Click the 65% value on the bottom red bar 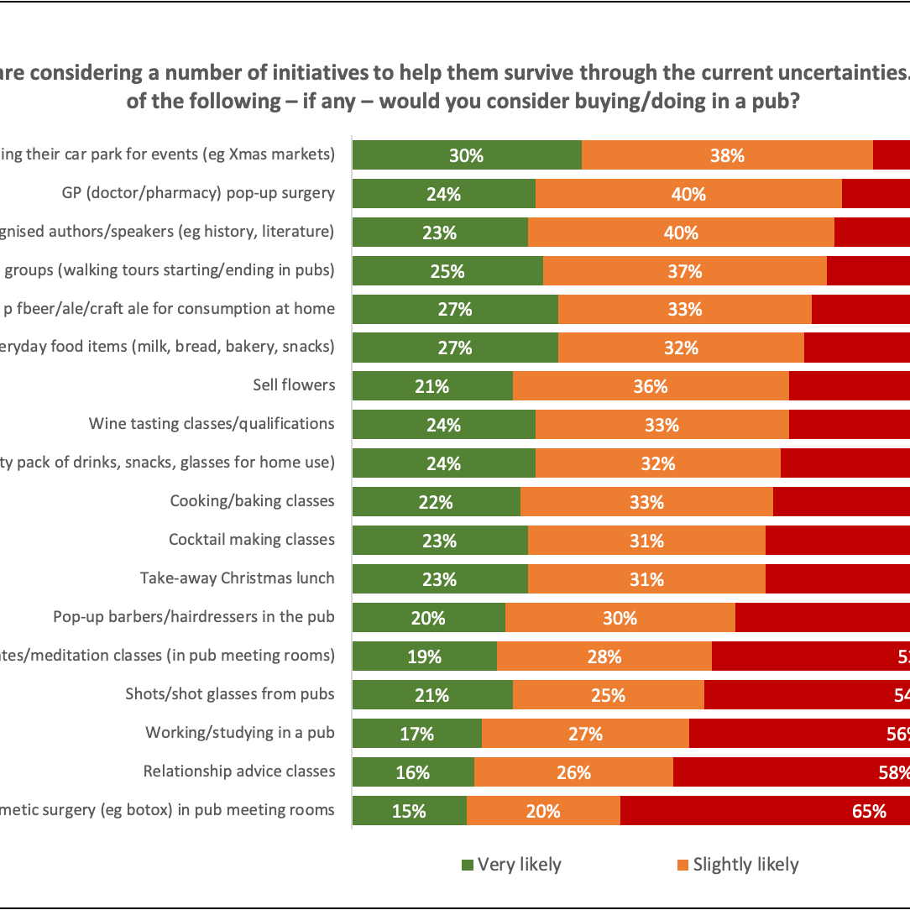pyautogui.click(x=869, y=811)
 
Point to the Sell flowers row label pyautogui.click(x=294, y=385)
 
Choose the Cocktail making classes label pyautogui.click(x=252, y=540)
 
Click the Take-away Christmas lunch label pyautogui.click(x=238, y=578)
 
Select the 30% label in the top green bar pyautogui.click(x=466, y=155)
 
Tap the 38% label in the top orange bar pyautogui.click(x=727, y=155)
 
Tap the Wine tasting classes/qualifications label pyautogui.click(x=212, y=424)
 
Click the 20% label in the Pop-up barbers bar pyautogui.click(x=428, y=618)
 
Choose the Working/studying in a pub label pyautogui.click(x=240, y=733)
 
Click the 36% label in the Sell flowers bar pyautogui.click(x=651, y=386)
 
